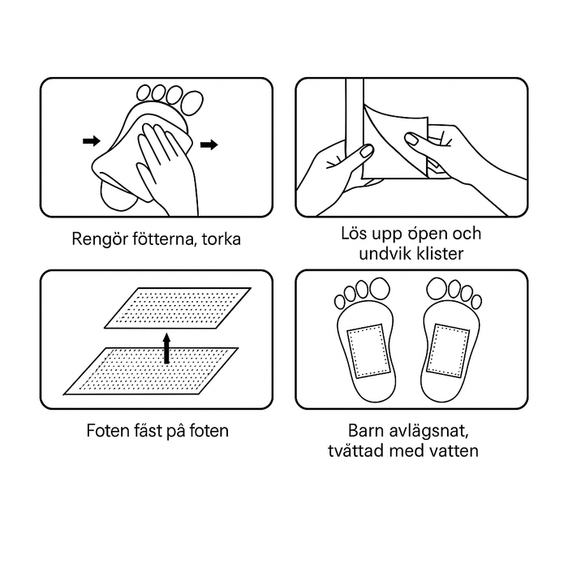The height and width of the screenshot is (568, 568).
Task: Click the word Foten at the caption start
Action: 109,430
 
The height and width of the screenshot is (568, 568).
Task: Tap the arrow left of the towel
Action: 92,141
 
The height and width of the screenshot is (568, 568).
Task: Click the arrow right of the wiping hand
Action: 209,145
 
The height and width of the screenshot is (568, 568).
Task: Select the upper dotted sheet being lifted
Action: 179,309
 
